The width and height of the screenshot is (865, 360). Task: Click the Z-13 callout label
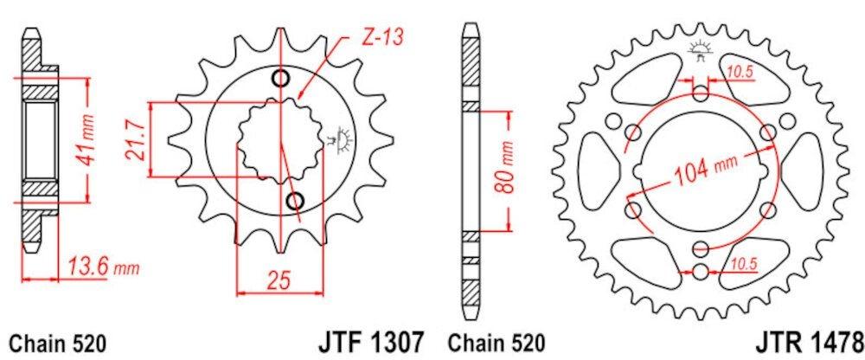383,38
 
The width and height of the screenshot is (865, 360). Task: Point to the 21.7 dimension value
136,140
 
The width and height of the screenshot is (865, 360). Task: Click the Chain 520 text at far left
57,343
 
